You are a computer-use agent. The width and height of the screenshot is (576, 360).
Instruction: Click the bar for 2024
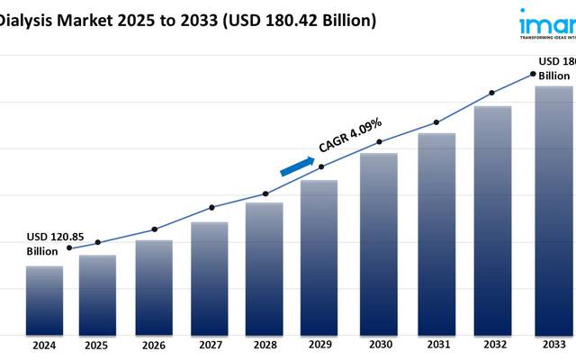[44, 300]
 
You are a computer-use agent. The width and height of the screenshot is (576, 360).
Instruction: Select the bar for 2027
[209, 277]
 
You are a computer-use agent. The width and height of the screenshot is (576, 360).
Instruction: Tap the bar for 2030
[379, 243]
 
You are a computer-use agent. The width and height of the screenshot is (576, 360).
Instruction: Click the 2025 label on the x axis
[97, 346]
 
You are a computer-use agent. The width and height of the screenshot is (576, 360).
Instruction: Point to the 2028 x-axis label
[265, 346]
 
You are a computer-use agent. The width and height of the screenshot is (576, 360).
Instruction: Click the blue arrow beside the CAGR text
[297, 166]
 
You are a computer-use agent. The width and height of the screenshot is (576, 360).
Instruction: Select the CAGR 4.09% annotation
[351, 135]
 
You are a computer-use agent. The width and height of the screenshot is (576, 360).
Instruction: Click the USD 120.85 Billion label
[51, 242]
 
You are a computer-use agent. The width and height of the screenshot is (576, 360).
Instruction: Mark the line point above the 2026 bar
[154, 229]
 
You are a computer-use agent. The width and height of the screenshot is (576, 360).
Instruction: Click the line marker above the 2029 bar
[322, 166]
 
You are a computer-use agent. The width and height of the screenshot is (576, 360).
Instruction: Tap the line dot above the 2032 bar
[491, 93]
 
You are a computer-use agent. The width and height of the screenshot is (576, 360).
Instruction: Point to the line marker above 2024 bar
[70, 248]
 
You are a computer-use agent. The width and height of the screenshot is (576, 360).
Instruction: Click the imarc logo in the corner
[547, 22]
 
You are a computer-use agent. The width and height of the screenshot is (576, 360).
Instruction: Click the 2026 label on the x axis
[154, 346]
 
